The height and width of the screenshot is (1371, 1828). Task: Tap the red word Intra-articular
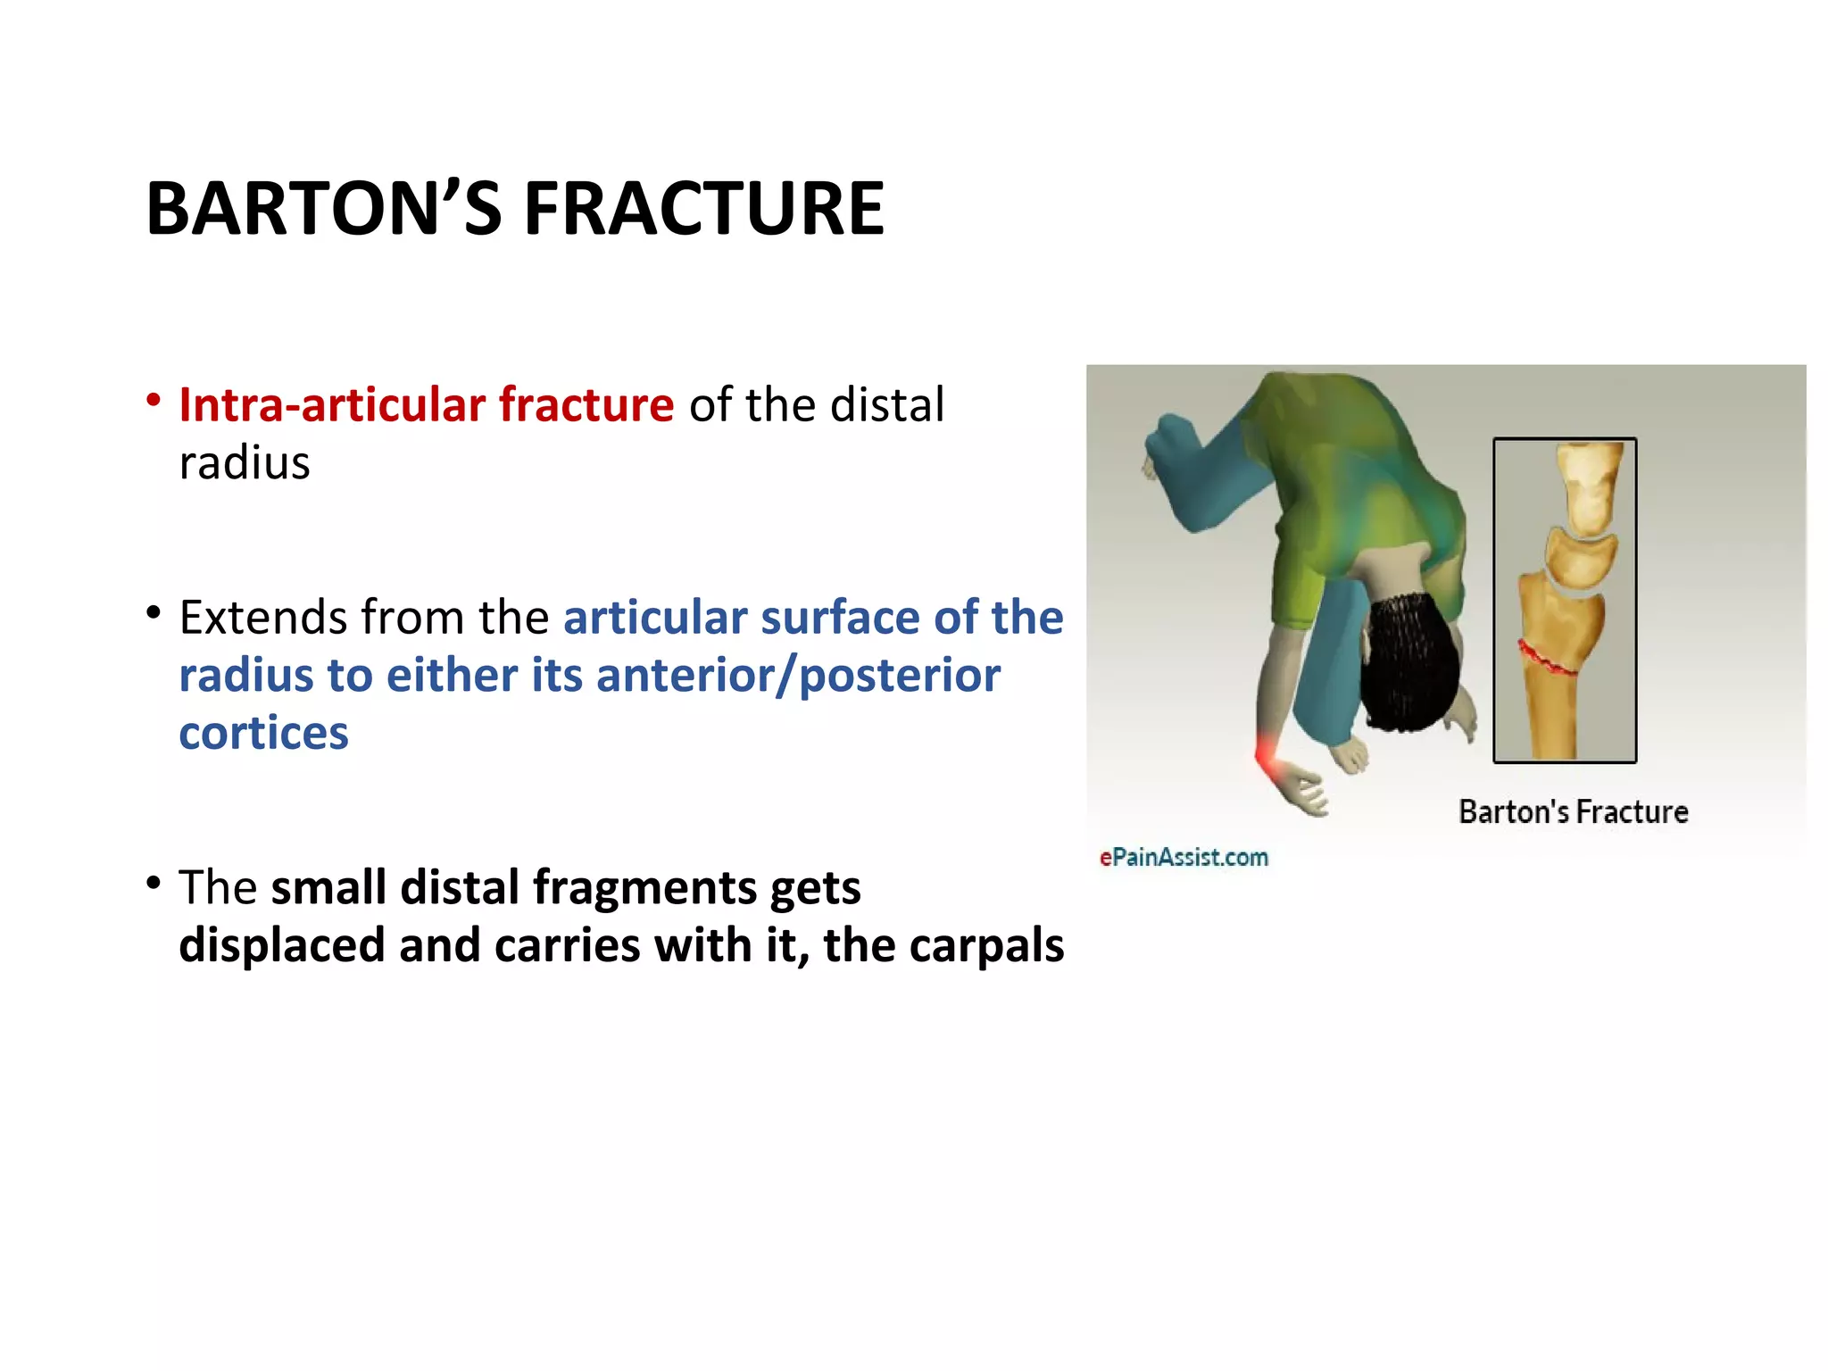[331, 404]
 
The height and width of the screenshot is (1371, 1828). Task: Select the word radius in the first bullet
[245, 463]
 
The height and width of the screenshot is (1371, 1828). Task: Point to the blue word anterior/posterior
[798, 676]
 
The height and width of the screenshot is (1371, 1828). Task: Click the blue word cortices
[263, 734]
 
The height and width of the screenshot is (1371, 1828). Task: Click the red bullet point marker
[154, 400]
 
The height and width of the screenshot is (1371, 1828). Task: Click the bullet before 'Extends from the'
[154, 612]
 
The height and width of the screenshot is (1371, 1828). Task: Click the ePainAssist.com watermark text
[1184, 858]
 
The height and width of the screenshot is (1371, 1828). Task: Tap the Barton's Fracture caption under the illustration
[1573, 812]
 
